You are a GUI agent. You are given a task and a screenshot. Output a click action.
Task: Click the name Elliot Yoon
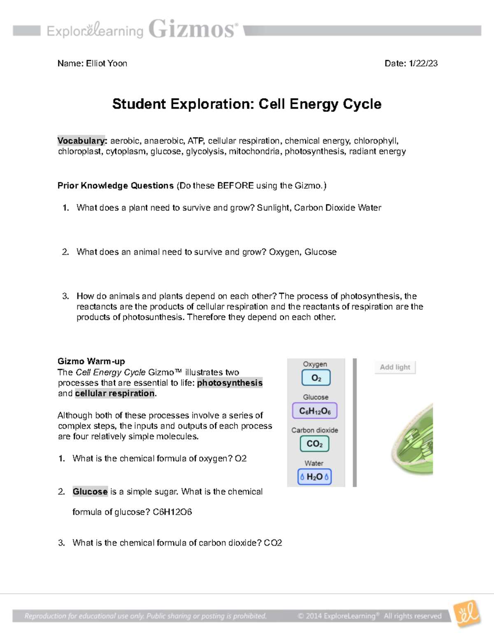point(107,63)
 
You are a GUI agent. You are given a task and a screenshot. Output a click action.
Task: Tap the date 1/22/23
point(423,63)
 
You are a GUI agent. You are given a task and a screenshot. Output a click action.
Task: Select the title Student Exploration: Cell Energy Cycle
point(247,104)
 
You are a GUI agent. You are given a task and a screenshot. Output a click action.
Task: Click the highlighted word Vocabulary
point(82,141)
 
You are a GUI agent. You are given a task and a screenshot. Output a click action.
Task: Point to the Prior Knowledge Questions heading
point(116,186)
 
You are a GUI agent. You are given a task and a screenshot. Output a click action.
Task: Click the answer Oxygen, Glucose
point(303,252)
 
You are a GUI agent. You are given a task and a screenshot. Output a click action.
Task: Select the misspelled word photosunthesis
point(152,317)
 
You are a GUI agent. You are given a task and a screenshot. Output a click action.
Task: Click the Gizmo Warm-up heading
point(91,361)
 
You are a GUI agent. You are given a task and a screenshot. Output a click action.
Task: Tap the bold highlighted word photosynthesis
point(230,383)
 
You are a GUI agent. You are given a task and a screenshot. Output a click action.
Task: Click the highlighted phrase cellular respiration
point(115,394)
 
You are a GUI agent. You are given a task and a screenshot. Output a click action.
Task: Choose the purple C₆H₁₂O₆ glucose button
point(315,411)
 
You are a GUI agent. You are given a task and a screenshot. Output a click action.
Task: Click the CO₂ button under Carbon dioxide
point(315,444)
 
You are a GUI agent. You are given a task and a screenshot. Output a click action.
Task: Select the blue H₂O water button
point(315,477)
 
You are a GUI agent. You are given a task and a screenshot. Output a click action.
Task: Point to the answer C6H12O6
point(172,512)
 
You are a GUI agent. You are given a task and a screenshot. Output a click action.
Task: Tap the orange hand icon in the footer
point(467,614)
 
